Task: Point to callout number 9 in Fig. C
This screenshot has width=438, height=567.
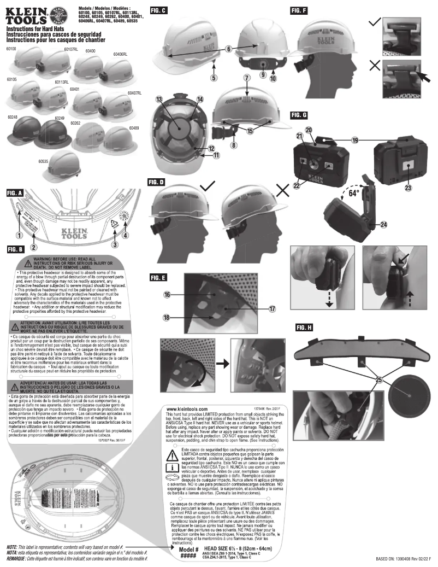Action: click(x=262, y=74)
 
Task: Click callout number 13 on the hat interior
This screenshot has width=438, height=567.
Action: click(x=159, y=100)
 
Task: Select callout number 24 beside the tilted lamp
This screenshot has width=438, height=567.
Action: click(x=385, y=225)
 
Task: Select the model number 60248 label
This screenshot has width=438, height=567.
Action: click(x=13, y=117)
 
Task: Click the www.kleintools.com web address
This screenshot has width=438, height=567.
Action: click(x=186, y=409)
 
